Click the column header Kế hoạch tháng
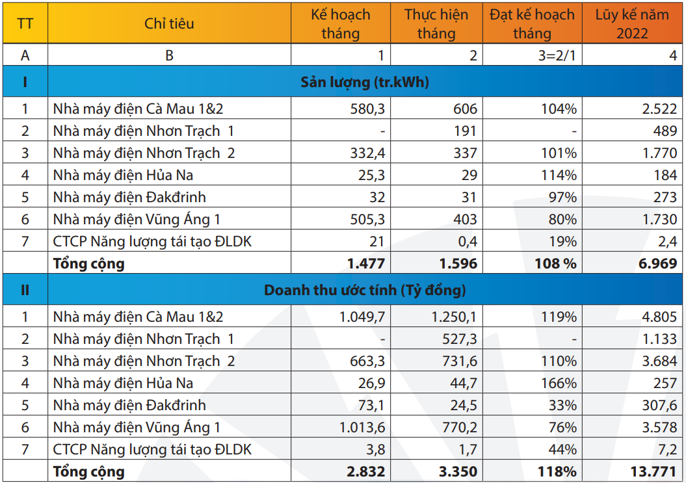[x=340, y=23]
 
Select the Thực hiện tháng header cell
[x=436, y=23]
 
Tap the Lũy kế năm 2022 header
[x=631, y=23]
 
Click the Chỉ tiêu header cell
[x=169, y=23]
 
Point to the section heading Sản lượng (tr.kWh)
[x=365, y=82]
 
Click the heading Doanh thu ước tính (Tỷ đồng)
[x=365, y=290]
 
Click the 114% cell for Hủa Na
[x=559, y=175]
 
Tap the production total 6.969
[x=655, y=263]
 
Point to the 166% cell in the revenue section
[x=559, y=383]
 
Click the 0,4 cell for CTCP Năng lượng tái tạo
[x=468, y=241]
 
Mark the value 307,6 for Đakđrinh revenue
[x=659, y=405]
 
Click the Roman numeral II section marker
[x=25, y=290]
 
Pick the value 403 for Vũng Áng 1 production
[x=464, y=219]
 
